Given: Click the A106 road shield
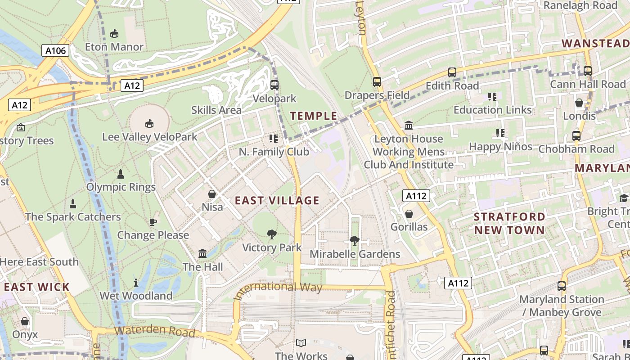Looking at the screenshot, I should pos(56,50).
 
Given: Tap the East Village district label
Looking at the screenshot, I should pos(277,201).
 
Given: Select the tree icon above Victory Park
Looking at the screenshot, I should pos(271,234).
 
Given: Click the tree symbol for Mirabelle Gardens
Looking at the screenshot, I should pos(355,241).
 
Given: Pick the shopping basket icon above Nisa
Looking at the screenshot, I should pos(212,194).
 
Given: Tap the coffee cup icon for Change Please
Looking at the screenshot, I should pos(153,222).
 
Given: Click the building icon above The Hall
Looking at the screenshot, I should pos(202,254).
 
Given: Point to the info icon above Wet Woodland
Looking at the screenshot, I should pos(136,283).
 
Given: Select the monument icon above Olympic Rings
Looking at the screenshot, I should pos(121,174).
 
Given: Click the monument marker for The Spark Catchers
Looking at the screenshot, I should pos(73,204).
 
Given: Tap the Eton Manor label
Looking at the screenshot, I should pos(114,47).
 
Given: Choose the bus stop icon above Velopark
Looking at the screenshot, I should pos(274,85).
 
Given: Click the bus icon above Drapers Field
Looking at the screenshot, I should pos(377,82).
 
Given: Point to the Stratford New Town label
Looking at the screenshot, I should pos(509,223).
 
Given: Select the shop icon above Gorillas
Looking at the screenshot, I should pos(409,214).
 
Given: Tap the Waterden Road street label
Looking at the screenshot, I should pos(154,331).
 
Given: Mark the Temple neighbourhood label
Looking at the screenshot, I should pos(314,116).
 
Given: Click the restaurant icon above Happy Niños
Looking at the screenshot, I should pos(500,133).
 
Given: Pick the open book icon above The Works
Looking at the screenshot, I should pos(301,343).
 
